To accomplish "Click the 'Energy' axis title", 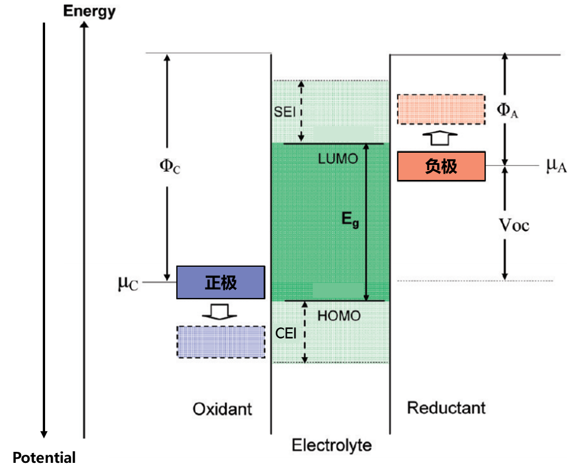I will point(90,11).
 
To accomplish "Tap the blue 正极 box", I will point(220,282).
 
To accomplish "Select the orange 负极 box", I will point(441,167).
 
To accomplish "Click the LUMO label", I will point(338,159).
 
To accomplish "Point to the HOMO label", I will point(339,316).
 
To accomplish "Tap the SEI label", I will point(286,111).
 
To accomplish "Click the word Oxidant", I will point(222,409).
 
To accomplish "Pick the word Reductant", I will point(446,407).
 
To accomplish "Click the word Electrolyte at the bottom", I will point(331,445).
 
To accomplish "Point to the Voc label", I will point(514,224).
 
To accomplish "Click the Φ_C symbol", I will point(170,167).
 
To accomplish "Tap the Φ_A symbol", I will point(508,110).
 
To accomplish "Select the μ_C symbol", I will point(128,283).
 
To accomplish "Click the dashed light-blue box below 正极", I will point(220,341).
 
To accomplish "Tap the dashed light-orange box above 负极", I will point(441,109).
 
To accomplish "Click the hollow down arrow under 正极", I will point(220,311).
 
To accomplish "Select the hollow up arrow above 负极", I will point(441,139).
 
